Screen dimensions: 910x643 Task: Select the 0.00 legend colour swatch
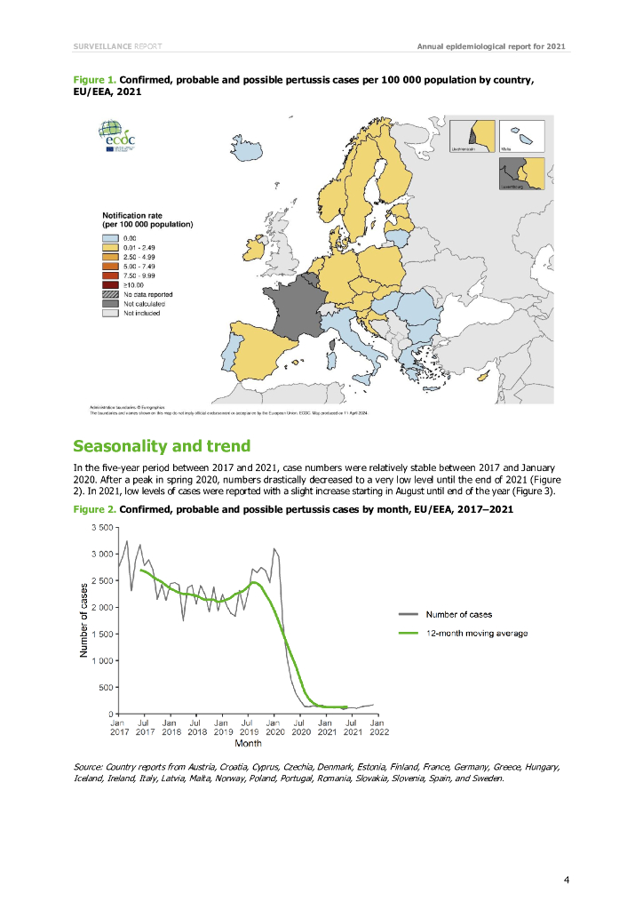coord(111,238)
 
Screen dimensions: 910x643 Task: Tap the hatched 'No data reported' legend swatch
coord(111,294)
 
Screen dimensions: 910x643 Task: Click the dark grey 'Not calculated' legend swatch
coord(111,304)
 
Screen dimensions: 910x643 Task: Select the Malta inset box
coord(521,137)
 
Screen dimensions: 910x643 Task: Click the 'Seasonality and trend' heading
coord(162,445)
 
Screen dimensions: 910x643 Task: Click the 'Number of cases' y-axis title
coord(83,619)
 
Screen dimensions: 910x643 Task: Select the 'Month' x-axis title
coord(248,743)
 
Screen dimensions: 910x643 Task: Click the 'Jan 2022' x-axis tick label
coord(377,728)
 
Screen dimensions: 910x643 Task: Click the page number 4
coord(566,881)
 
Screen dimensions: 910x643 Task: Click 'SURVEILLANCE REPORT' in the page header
coord(117,45)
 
